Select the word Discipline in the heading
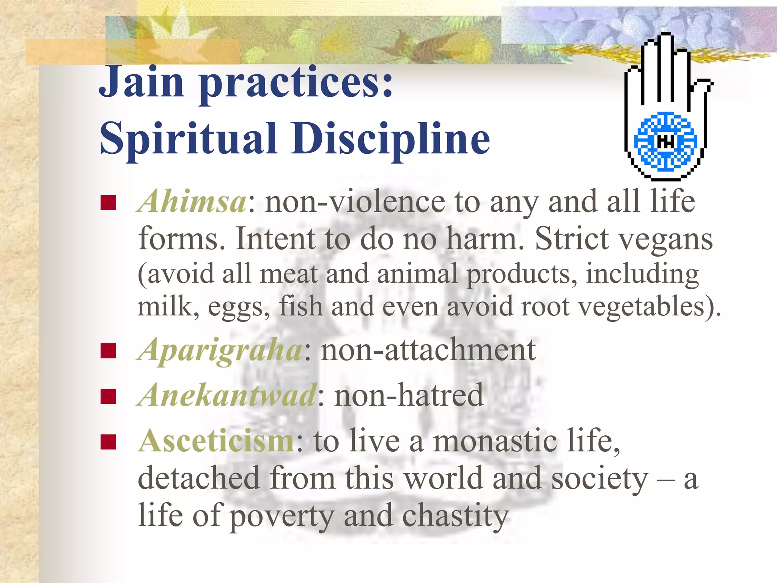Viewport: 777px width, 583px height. click(x=390, y=139)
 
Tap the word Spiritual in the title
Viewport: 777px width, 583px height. click(x=188, y=139)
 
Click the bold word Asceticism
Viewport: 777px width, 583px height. click(x=216, y=441)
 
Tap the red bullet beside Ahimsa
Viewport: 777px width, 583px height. click(x=108, y=203)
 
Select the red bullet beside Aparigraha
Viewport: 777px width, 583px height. click(x=108, y=351)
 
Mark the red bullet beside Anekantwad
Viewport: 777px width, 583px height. click(x=108, y=397)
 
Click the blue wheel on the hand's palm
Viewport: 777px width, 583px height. click(x=665, y=141)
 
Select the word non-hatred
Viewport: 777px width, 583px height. click(x=409, y=395)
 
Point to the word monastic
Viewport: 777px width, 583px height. click(x=495, y=441)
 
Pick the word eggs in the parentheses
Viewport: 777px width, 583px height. click(x=238, y=307)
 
